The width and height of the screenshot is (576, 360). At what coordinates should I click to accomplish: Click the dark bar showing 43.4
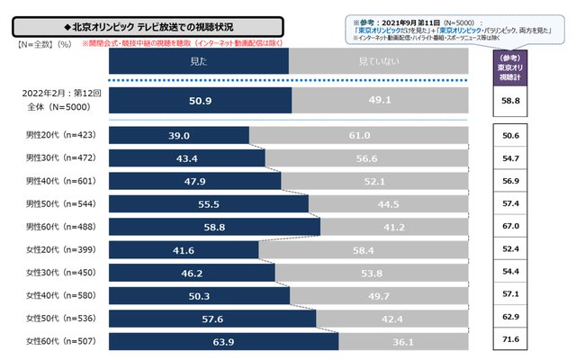click(186, 157)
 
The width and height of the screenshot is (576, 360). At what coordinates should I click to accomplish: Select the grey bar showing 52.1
click(374, 181)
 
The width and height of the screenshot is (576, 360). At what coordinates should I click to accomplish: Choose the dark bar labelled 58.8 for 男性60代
click(214, 227)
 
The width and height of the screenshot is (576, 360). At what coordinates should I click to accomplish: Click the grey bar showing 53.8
click(372, 272)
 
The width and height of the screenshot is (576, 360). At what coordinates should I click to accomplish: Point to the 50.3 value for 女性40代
click(199, 295)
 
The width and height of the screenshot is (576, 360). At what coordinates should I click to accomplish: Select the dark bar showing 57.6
click(212, 318)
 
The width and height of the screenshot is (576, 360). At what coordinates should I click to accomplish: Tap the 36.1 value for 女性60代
click(403, 341)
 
